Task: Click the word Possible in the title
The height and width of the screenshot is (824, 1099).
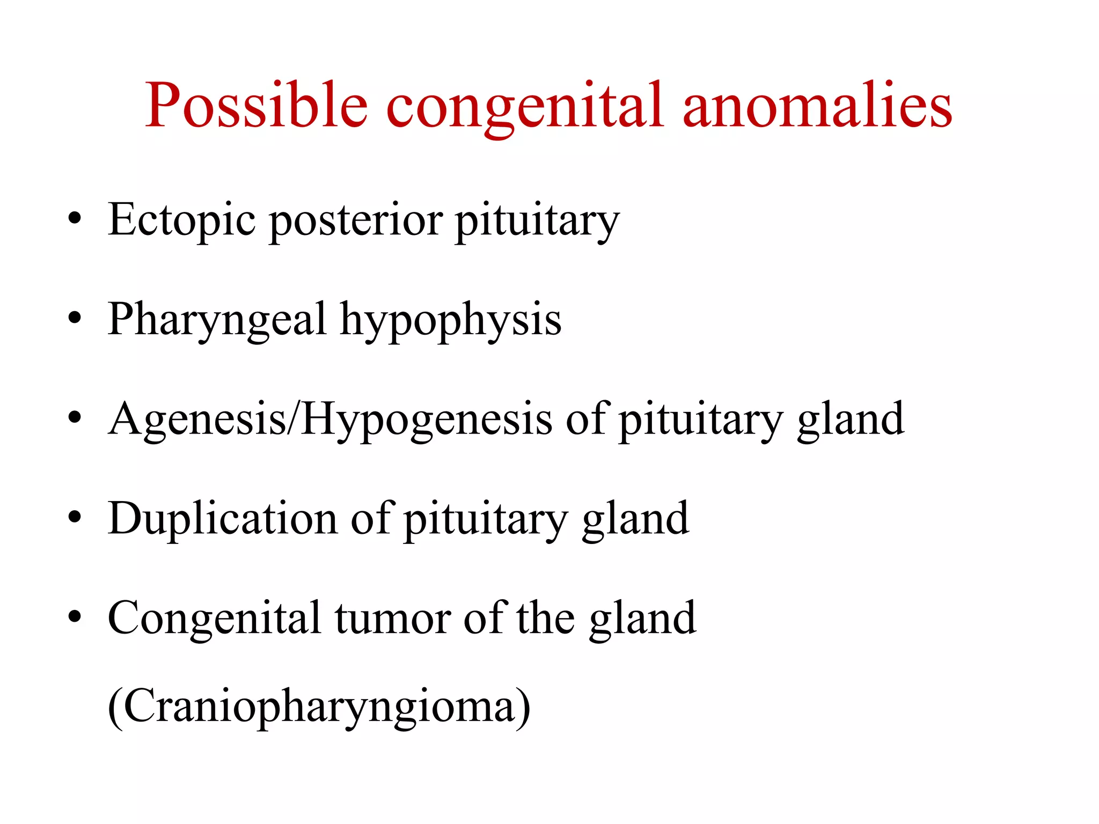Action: [256, 105]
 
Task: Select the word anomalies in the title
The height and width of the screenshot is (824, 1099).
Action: [817, 105]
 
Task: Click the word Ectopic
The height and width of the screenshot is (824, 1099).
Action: [181, 220]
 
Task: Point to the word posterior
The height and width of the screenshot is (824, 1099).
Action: [355, 220]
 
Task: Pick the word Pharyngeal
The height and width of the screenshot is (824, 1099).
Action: [217, 320]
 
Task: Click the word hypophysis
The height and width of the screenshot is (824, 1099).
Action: [451, 320]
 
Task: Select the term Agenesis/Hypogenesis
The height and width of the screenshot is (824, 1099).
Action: [329, 420]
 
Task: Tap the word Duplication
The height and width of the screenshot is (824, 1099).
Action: [222, 519]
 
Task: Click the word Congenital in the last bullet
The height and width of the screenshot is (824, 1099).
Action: [214, 618]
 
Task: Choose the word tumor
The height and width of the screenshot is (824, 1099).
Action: [393, 618]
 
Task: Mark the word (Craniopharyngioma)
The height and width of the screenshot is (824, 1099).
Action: [319, 707]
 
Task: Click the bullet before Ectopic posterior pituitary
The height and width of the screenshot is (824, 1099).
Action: [75, 218]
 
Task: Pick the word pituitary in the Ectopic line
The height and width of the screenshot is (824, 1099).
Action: [537, 220]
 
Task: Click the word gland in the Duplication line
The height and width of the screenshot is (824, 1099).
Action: [635, 519]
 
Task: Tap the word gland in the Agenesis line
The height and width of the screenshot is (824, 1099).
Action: [851, 420]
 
